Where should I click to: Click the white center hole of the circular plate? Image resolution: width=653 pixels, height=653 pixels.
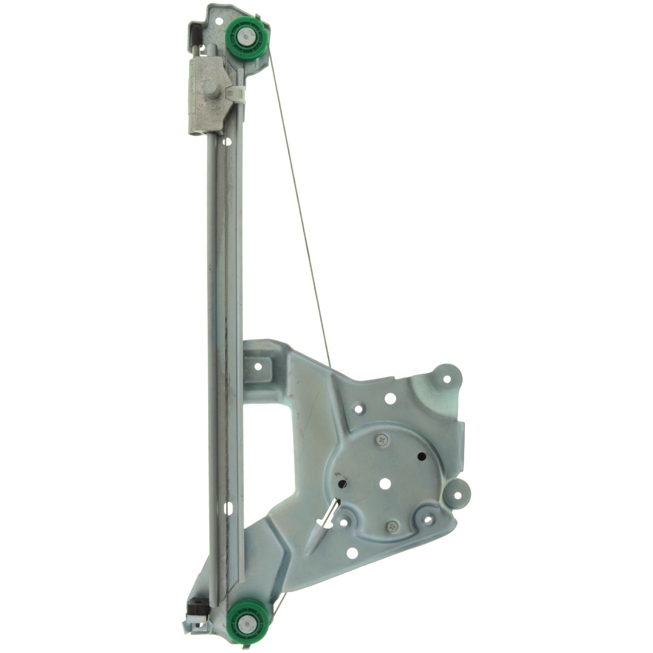(384, 483)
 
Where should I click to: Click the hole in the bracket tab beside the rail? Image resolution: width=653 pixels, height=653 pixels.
(259, 367)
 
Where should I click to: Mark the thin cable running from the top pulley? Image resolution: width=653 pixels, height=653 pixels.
(296, 196)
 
